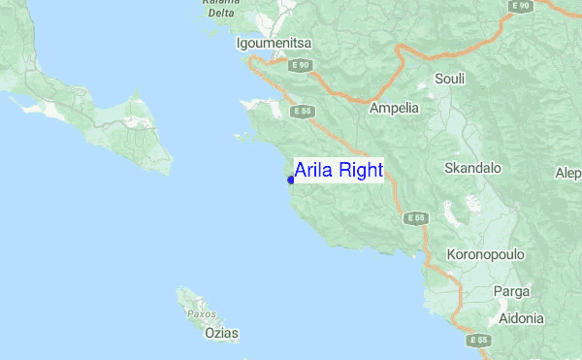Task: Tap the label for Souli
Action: pyautogui.click(x=450, y=79)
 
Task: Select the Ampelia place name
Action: pyautogui.click(x=394, y=109)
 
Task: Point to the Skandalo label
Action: pyautogui.click(x=472, y=168)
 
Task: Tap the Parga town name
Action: pyautogui.click(x=511, y=291)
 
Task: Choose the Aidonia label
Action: pyautogui.click(x=521, y=318)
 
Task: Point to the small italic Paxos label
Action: pyautogui.click(x=201, y=314)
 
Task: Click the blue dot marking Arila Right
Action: pyautogui.click(x=290, y=180)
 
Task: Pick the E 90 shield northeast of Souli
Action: pyautogui.click(x=521, y=7)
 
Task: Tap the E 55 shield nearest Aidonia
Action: pyautogui.click(x=478, y=340)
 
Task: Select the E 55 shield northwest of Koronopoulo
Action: pyautogui.click(x=416, y=217)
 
